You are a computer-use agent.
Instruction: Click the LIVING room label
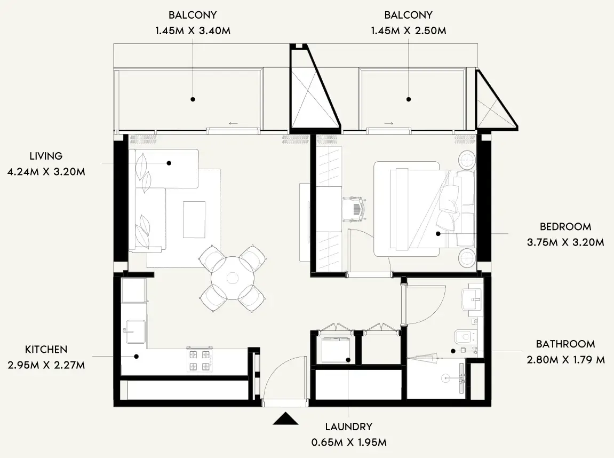[x=46, y=156]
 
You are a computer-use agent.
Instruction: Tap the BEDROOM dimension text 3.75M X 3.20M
[x=565, y=242]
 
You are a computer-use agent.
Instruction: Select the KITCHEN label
[x=46, y=349]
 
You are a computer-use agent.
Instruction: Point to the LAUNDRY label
[x=348, y=427]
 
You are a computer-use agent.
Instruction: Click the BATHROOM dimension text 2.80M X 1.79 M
[x=566, y=359]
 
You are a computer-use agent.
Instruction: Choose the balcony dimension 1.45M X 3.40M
[x=193, y=30]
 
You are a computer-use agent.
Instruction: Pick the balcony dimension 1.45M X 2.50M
[x=409, y=30]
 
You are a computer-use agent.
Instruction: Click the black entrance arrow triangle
[x=285, y=418]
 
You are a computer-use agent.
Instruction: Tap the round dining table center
[x=233, y=278]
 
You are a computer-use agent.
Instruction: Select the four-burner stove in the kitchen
[x=200, y=360]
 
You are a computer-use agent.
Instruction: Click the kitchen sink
[x=135, y=332]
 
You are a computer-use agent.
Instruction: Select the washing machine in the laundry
[x=336, y=350]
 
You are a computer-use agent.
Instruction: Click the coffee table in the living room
[x=194, y=219]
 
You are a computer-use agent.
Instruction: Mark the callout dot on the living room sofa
[x=169, y=163]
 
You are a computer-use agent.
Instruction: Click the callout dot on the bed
[x=438, y=233]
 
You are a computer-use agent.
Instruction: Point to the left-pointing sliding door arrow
[x=233, y=124]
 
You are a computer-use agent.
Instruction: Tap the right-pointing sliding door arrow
[x=389, y=124]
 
